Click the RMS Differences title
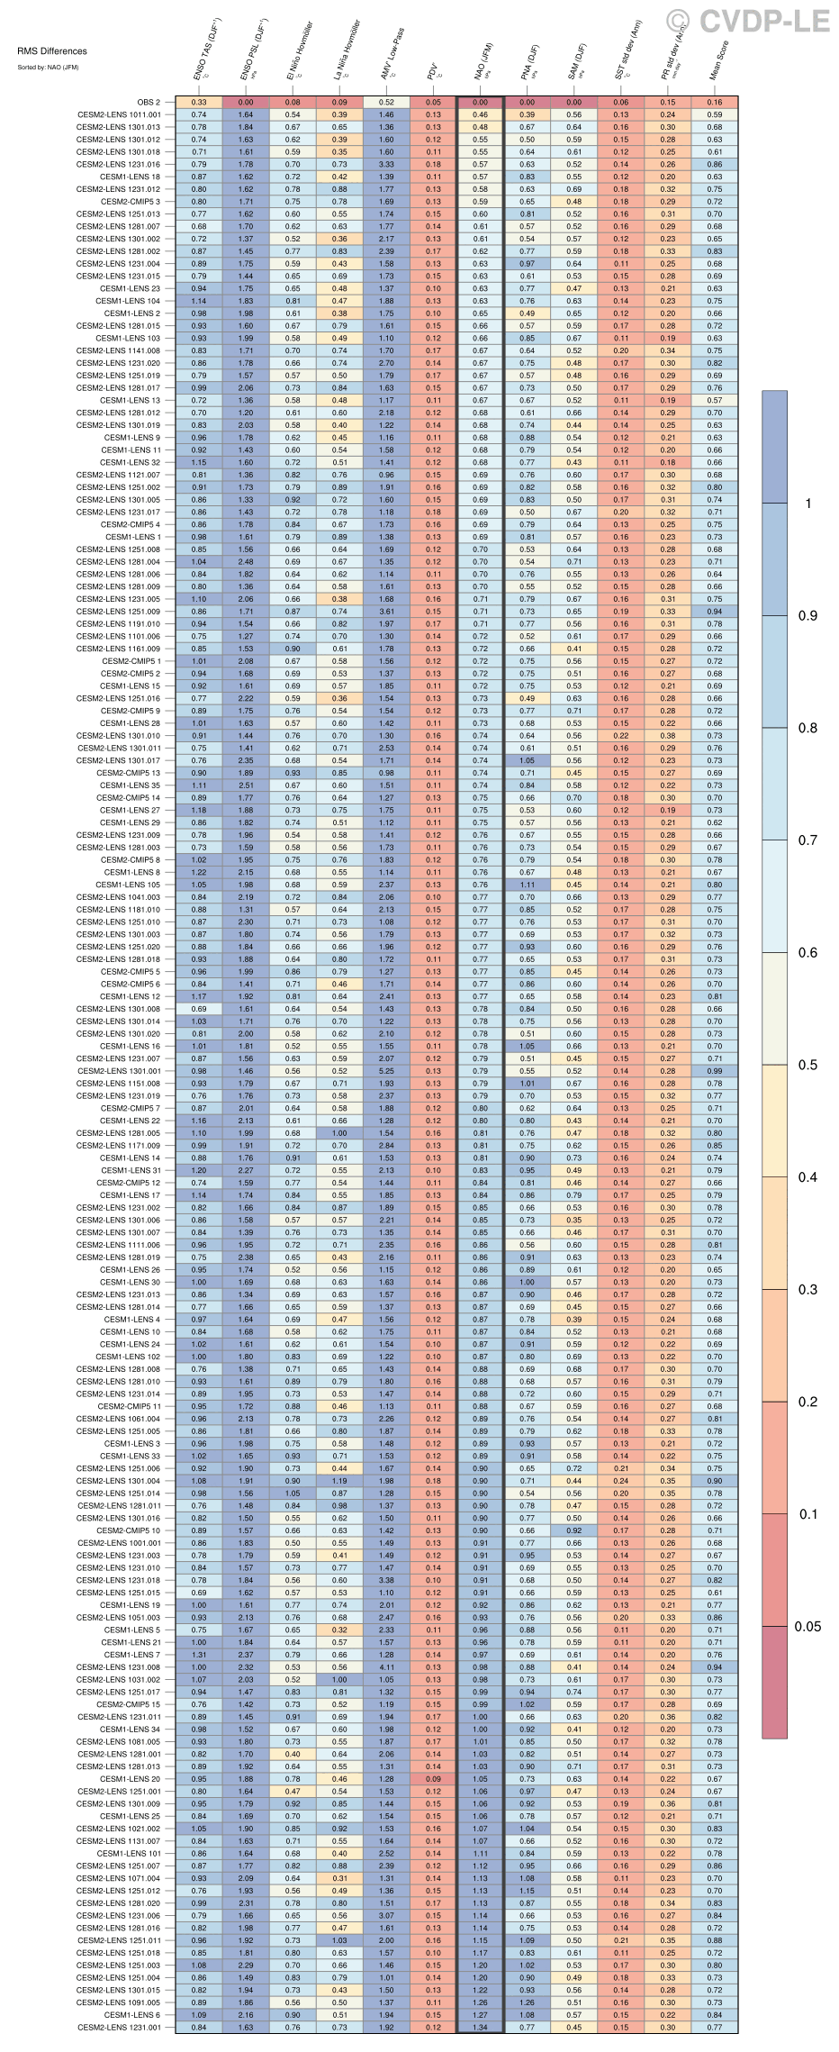click(x=52, y=51)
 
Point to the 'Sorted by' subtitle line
click(x=49, y=68)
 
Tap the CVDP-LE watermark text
click(x=764, y=22)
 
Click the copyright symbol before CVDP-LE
click(x=678, y=22)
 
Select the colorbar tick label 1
click(x=807, y=504)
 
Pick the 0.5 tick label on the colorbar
click(x=807, y=1065)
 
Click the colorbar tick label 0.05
click(x=807, y=1626)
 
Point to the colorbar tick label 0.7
click(x=807, y=840)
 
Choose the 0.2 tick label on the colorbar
click(x=807, y=1402)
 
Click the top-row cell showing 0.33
click(x=199, y=103)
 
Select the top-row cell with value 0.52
click(x=386, y=103)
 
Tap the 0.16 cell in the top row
click(x=715, y=103)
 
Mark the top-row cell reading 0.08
click(x=293, y=103)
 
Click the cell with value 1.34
click(x=480, y=2028)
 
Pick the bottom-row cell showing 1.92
click(x=386, y=2028)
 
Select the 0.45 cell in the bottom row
click(x=574, y=2028)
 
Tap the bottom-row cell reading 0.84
click(x=199, y=2028)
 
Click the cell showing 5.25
click(x=386, y=1071)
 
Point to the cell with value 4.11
click(x=386, y=1667)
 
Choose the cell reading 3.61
click(x=386, y=612)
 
